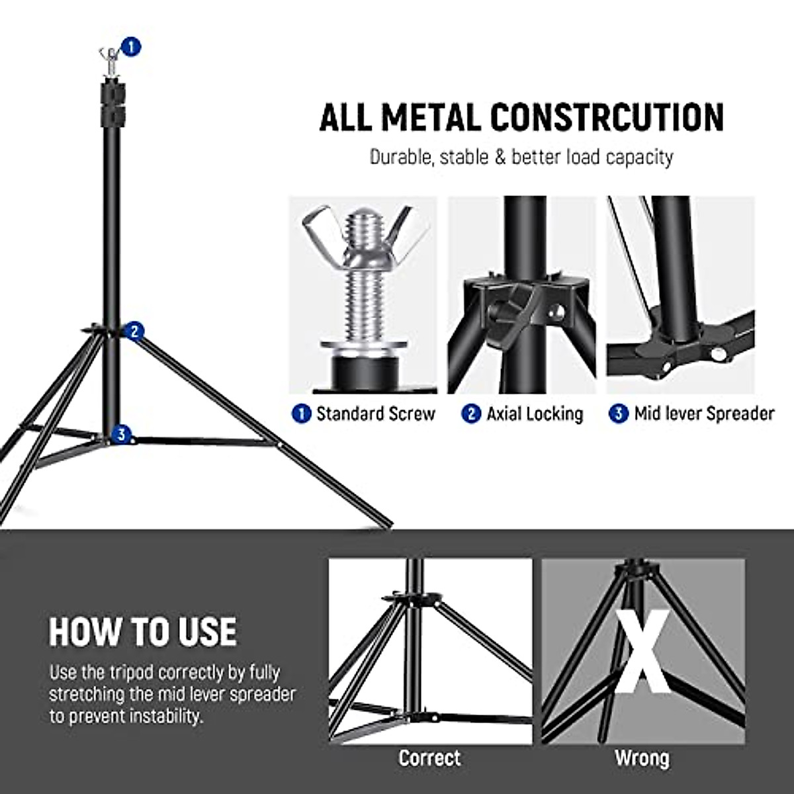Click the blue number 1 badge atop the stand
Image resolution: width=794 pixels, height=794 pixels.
(132, 46)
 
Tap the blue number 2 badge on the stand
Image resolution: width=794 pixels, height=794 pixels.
(135, 331)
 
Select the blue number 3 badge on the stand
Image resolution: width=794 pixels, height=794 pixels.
(120, 435)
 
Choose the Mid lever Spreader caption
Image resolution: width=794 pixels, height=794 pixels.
(703, 414)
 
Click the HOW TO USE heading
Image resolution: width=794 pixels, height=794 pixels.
(142, 631)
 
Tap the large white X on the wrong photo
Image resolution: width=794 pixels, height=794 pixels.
(642, 652)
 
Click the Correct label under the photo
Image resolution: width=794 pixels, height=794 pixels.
(429, 758)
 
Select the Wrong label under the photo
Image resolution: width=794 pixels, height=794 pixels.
(642, 758)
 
